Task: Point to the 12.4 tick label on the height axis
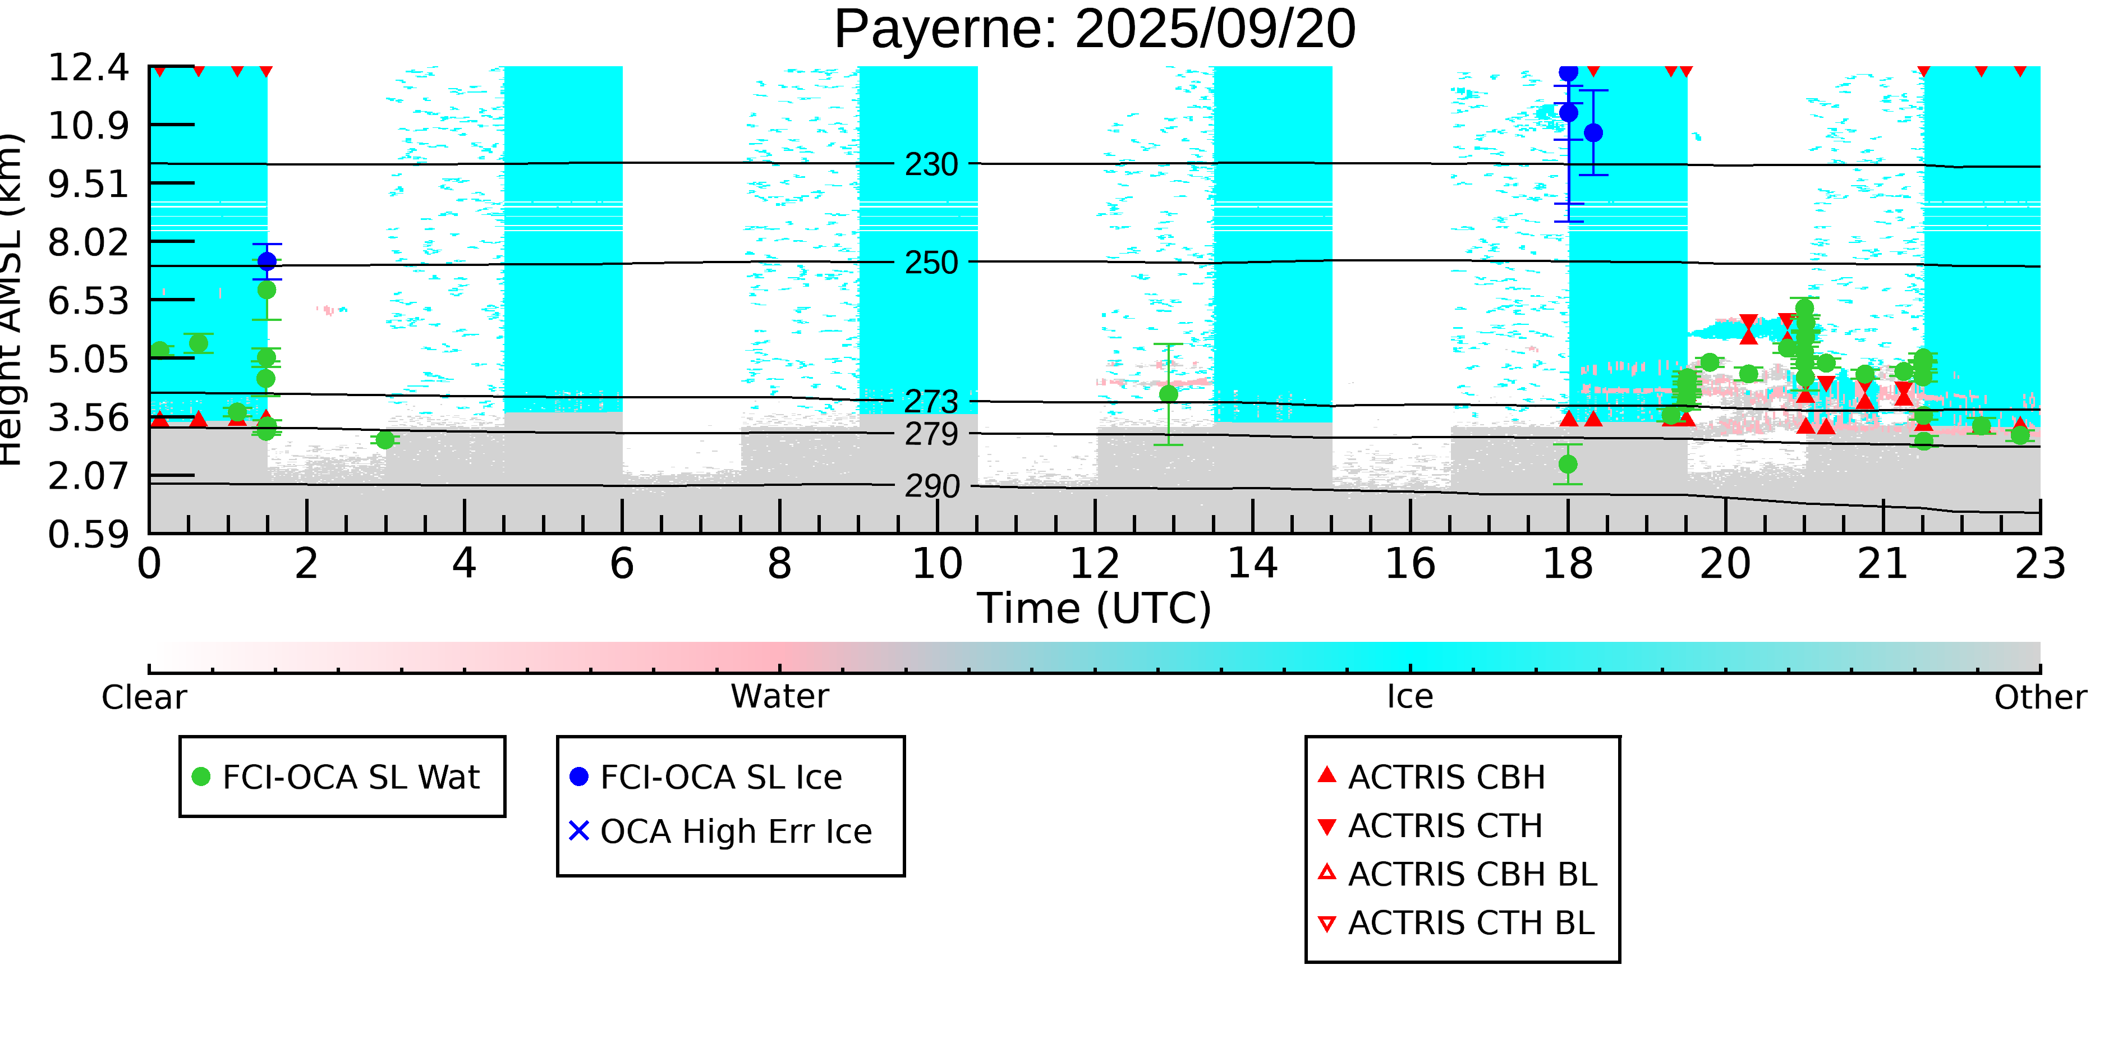coord(88,68)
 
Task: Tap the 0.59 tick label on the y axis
coord(88,536)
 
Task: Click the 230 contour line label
coord(931,165)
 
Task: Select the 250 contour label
coord(931,263)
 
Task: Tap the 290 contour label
coord(931,487)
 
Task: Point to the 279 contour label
coord(931,434)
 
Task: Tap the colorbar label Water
coord(779,697)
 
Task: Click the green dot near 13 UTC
coord(1168,394)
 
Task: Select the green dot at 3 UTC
coord(385,440)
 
